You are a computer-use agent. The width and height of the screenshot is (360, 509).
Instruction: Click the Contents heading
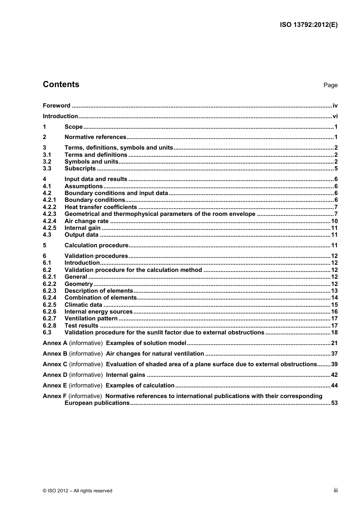coord(61,84)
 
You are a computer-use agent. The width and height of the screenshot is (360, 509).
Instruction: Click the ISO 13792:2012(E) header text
coord(308,25)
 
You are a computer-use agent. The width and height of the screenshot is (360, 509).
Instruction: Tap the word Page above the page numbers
coord(330,85)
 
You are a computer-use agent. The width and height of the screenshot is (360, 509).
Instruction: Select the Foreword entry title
coord(56,106)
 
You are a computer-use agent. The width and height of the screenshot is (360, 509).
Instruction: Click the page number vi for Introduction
coord(335,116)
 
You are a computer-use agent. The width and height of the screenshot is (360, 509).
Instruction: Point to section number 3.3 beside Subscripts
coord(47,169)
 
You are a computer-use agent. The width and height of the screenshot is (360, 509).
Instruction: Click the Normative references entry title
coord(95,137)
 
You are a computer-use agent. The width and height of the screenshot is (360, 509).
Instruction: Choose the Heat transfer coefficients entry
coord(101,207)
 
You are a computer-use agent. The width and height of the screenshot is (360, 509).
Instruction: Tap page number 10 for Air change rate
coord(334,221)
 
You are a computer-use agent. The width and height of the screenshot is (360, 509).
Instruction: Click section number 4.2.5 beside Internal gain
coord(49,228)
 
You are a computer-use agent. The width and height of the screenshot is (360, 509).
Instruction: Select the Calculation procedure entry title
coord(96,245)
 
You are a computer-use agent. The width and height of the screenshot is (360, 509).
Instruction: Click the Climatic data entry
coord(83,305)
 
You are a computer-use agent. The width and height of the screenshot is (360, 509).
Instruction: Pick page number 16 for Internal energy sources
coord(334,312)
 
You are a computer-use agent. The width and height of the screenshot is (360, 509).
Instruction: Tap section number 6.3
coord(47,333)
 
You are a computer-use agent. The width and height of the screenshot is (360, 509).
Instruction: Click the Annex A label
coord(55,343)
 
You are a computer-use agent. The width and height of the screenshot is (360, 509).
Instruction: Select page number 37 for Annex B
coord(334,354)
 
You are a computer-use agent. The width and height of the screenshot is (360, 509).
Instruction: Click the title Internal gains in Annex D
coord(125,375)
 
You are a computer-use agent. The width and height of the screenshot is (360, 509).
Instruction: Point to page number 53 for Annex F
coord(334,403)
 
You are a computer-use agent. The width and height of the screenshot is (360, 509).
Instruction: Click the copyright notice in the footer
coord(77,491)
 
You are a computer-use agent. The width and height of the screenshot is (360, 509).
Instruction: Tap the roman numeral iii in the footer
coord(335,490)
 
